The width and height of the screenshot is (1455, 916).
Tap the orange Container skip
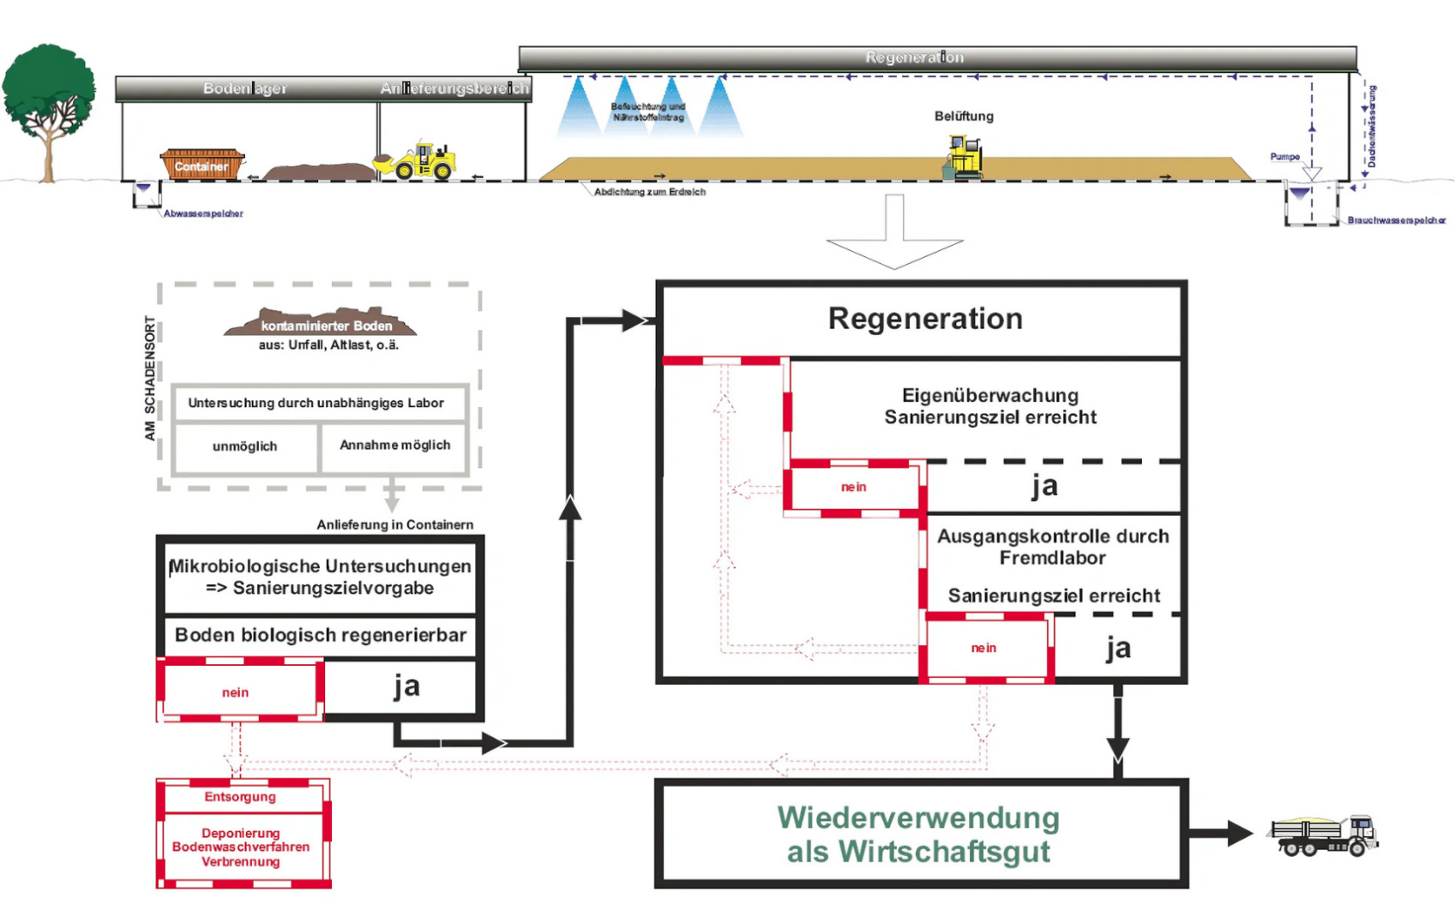[x=202, y=165]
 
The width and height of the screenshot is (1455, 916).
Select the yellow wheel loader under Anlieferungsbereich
[x=418, y=160]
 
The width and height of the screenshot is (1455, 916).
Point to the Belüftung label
[x=964, y=116]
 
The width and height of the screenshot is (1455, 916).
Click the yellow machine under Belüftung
[x=964, y=158]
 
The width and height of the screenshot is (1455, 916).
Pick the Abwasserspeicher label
[x=203, y=213]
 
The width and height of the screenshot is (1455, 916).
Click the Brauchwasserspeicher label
[x=1396, y=220]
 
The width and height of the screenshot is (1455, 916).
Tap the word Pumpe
[x=1284, y=157]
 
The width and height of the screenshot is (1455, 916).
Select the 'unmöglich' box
[x=245, y=446]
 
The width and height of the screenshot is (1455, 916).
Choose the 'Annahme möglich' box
[x=394, y=446]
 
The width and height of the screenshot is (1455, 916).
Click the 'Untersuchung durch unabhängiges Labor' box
[x=316, y=403]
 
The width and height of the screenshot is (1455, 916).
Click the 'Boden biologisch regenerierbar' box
[x=320, y=635]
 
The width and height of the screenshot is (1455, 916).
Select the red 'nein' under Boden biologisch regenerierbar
[x=236, y=691]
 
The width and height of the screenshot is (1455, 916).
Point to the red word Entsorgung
[x=240, y=797]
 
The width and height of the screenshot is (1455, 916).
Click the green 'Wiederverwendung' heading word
[x=918, y=818]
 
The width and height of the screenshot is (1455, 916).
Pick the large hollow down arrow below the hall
[x=894, y=235]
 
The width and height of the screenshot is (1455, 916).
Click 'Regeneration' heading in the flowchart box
[x=925, y=319]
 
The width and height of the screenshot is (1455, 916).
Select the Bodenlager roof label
[x=244, y=88]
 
